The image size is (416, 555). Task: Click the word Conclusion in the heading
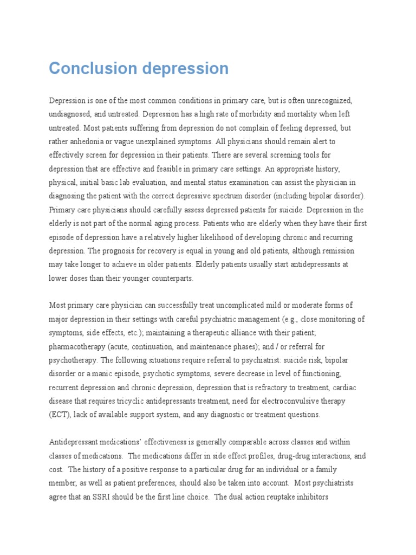(x=93, y=69)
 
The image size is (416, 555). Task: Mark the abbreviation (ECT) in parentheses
(x=60, y=415)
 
